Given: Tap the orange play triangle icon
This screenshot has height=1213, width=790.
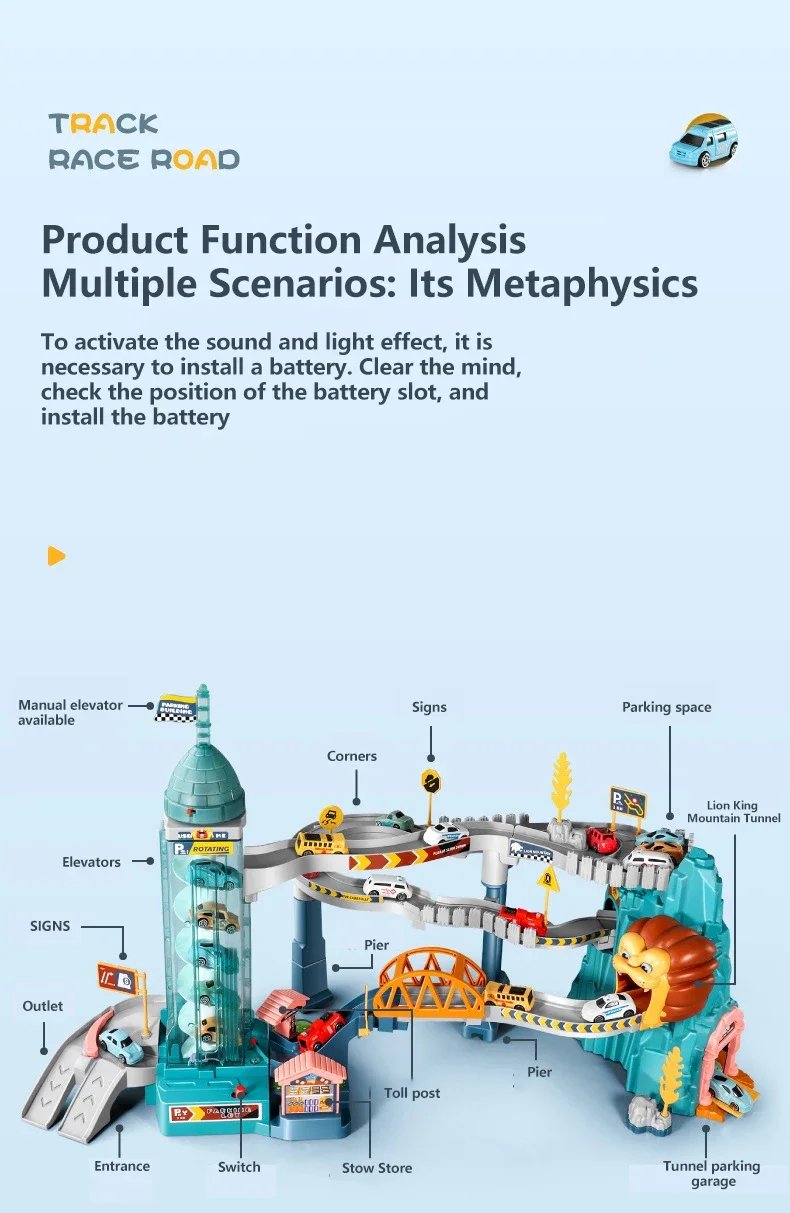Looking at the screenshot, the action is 56,556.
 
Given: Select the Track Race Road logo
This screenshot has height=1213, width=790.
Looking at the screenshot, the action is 144,141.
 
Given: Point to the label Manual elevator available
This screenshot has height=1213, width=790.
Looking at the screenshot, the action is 70,712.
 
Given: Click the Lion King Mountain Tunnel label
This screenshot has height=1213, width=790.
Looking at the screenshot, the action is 733,811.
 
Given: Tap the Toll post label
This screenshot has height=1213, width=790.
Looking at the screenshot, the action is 412,1093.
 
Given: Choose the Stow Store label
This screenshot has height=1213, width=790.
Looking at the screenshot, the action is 377,1167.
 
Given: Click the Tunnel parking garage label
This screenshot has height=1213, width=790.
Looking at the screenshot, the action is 712,1173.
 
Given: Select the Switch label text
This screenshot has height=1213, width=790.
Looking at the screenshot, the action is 239,1166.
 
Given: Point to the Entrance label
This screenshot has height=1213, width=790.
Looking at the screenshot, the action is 122,1165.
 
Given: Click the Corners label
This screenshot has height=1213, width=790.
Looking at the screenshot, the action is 352,756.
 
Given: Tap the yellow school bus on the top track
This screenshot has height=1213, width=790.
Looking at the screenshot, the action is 320,842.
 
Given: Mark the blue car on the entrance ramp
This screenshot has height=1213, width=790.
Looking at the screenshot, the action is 122,1045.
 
